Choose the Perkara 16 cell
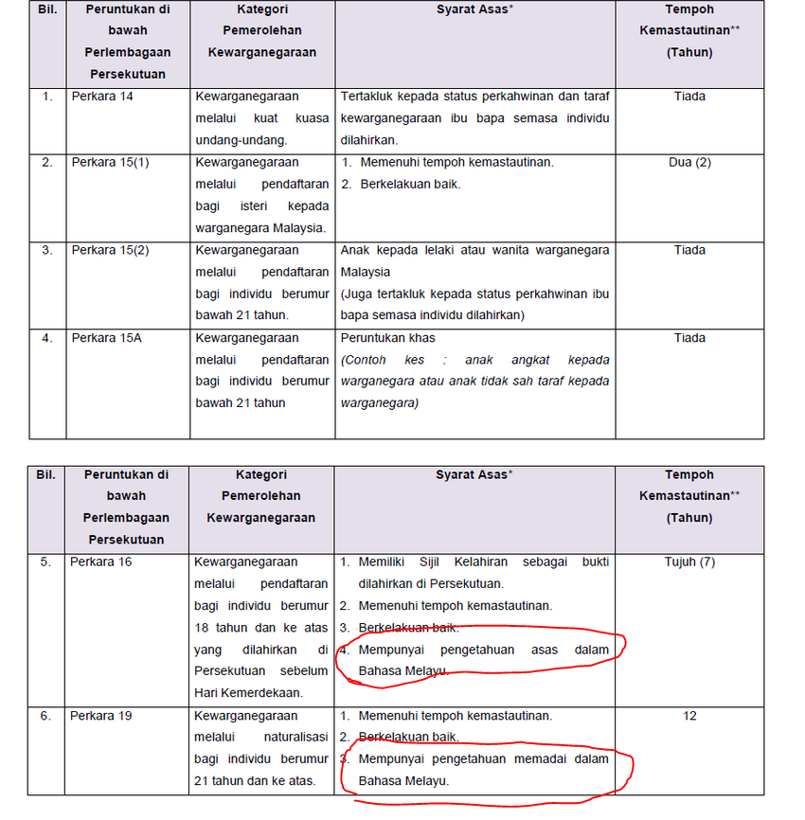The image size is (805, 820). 101,562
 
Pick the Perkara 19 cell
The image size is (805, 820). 101,716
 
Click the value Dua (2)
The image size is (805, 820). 689,163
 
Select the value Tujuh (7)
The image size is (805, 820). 689,562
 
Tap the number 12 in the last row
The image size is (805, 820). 689,716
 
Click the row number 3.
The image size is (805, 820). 47,251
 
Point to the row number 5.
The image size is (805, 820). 45,562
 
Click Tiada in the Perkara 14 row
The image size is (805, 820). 689,97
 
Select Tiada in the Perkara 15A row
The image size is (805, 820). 689,338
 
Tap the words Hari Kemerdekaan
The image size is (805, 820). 248,693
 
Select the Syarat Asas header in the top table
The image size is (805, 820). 474,9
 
